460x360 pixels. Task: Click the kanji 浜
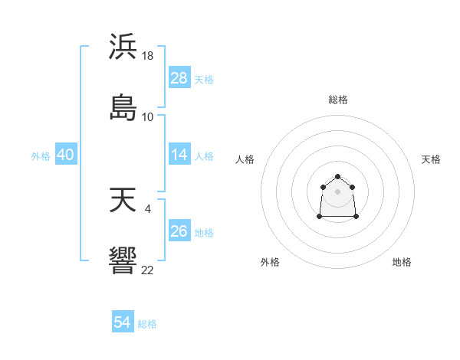coord(123,47)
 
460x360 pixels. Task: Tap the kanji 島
coord(123,107)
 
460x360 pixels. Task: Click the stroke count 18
coord(148,56)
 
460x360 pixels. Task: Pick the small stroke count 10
coord(148,116)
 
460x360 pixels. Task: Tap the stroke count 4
coord(148,208)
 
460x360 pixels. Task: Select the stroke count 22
coord(148,270)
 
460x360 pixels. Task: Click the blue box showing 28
coord(179,78)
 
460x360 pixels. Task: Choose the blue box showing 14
coord(179,155)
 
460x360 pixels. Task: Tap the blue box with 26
coord(179,231)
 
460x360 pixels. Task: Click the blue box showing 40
coord(66,155)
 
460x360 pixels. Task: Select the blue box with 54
coord(123,323)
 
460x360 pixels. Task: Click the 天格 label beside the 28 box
coord(204,79)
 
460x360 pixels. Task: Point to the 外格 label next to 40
coord(41,155)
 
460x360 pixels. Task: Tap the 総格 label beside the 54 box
coord(147,324)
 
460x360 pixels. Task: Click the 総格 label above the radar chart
coord(338,100)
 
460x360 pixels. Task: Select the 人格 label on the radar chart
coord(245,159)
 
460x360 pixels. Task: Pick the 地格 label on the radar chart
coord(402,262)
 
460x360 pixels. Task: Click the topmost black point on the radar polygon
coord(337,177)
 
